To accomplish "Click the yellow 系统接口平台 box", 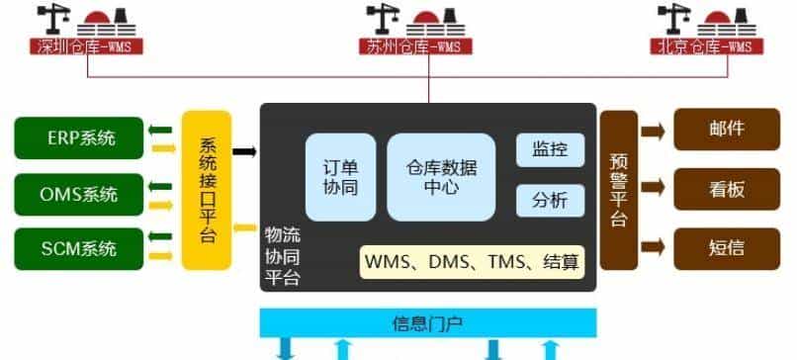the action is (x=207, y=190).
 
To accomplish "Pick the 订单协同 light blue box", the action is (x=339, y=176).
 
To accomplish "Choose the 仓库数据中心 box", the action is (x=439, y=176).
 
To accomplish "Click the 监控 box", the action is (x=550, y=150).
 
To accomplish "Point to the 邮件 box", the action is (x=727, y=130).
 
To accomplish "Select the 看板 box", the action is (x=727, y=189).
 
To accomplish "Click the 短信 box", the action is (x=727, y=247).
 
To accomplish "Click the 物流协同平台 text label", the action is (x=283, y=257).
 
